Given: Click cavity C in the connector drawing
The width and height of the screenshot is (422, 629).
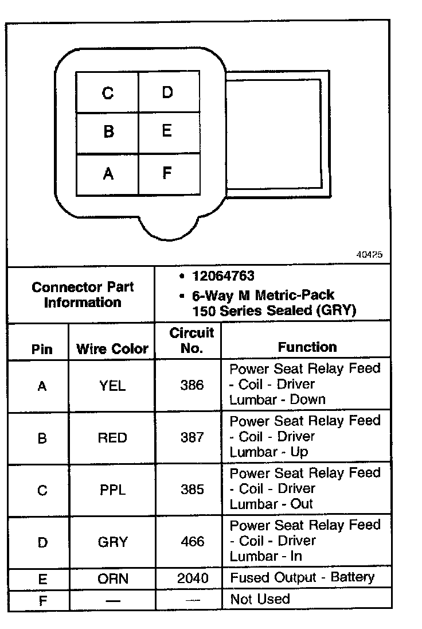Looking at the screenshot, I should [107, 92].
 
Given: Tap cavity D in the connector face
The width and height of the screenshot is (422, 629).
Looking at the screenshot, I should [167, 92].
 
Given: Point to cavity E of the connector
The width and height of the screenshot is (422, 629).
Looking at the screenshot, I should [167, 131].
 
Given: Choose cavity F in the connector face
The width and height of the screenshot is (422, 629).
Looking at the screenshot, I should [167, 173].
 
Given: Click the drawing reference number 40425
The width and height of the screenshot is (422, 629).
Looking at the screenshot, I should [369, 255].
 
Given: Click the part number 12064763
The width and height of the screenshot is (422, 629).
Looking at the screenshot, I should [223, 277].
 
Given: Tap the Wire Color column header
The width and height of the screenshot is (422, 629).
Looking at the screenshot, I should [112, 348].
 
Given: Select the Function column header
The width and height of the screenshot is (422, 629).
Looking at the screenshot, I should [307, 347].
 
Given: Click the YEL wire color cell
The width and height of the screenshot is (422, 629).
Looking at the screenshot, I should [112, 386].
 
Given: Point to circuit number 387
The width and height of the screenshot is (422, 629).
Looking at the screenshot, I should [192, 437].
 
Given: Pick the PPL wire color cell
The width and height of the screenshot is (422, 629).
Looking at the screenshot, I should [112, 490].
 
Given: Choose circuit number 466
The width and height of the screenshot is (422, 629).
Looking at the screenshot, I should [192, 541].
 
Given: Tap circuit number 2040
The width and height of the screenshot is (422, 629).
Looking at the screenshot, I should [193, 578].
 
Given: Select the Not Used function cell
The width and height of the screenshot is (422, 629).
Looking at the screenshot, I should [260, 599].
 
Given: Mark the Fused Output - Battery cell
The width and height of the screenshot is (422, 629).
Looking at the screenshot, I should [302, 577].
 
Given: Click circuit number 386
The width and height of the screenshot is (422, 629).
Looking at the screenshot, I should [192, 385].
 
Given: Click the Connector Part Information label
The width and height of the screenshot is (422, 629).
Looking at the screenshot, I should [83, 294].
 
